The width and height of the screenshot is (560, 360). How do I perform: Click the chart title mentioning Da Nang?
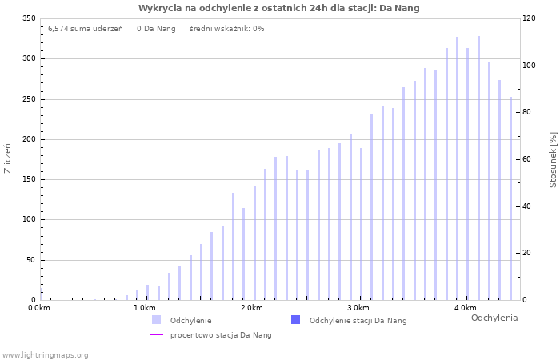pyautogui.click(x=278, y=8)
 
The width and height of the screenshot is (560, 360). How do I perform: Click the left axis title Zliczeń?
pyautogui.click(x=8, y=158)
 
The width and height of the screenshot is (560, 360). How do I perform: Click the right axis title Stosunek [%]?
pyautogui.click(x=552, y=160)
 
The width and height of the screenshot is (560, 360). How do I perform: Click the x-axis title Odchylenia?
pyautogui.click(x=494, y=318)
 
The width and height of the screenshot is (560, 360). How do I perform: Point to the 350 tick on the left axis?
pyautogui.click(x=29, y=18)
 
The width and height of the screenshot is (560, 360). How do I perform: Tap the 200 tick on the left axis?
pyautogui.click(x=29, y=139)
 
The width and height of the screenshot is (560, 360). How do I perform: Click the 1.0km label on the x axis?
pyautogui.click(x=144, y=308)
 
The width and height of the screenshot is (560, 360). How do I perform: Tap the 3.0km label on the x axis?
pyautogui.click(x=358, y=308)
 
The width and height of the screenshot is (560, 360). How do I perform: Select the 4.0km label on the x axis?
pyautogui.click(x=465, y=308)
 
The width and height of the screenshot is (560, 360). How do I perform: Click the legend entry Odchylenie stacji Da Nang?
pyautogui.click(x=358, y=320)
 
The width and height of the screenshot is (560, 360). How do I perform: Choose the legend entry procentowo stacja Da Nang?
pyautogui.click(x=221, y=334)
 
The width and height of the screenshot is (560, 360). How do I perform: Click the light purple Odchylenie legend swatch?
pyautogui.click(x=157, y=320)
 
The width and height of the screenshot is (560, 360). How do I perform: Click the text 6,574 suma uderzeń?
pyautogui.click(x=85, y=28)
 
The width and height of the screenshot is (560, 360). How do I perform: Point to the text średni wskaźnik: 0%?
pyautogui.click(x=226, y=28)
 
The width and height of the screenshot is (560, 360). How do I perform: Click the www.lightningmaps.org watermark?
pyautogui.click(x=45, y=354)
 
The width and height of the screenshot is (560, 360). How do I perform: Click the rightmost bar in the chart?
pyautogui.click(x=510, y=198)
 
